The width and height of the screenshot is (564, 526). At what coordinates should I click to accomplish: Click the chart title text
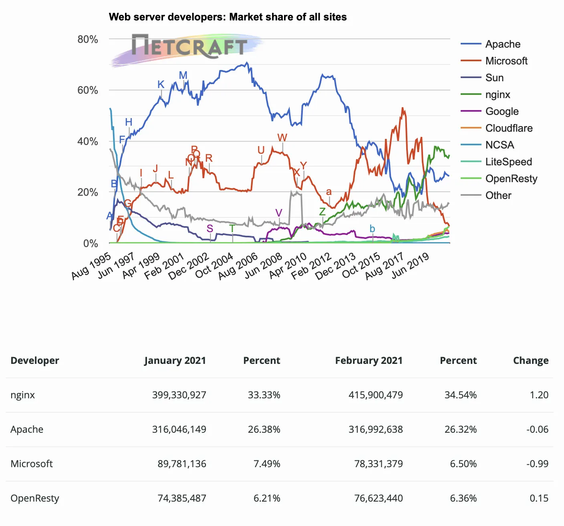click(228, 17)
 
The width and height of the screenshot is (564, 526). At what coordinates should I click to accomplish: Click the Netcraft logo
click(188, 47)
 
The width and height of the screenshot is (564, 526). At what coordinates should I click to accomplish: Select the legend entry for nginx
click(498, 94)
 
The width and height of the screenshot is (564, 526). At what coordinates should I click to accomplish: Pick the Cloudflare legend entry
click(509, 128)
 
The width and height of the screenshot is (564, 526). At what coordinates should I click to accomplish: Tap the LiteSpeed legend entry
click(508, 162)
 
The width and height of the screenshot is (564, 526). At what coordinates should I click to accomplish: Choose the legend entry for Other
click(498, 195)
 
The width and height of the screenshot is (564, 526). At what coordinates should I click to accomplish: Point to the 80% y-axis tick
click(88, 39)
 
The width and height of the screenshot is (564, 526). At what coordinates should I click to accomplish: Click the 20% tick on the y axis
click(88, 192)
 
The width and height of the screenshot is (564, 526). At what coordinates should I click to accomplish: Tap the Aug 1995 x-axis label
click(91, 266)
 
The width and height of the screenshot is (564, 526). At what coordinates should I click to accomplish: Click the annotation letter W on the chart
click(282, 138)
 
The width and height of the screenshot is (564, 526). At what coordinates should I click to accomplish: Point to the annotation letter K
click(161, 84)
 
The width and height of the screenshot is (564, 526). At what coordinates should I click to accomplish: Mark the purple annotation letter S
click(209, 229)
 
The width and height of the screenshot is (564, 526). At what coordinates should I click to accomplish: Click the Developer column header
click(35, 360)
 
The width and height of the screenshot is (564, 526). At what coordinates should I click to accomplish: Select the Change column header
click(531, 360)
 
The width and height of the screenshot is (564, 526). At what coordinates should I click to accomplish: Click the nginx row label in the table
click(23, 395)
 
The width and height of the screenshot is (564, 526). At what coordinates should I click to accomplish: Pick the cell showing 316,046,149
click(179, 429)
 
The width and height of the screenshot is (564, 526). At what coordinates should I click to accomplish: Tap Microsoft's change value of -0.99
click(537, 464)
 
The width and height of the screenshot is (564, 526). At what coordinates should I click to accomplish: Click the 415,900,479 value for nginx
click(376, 395)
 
